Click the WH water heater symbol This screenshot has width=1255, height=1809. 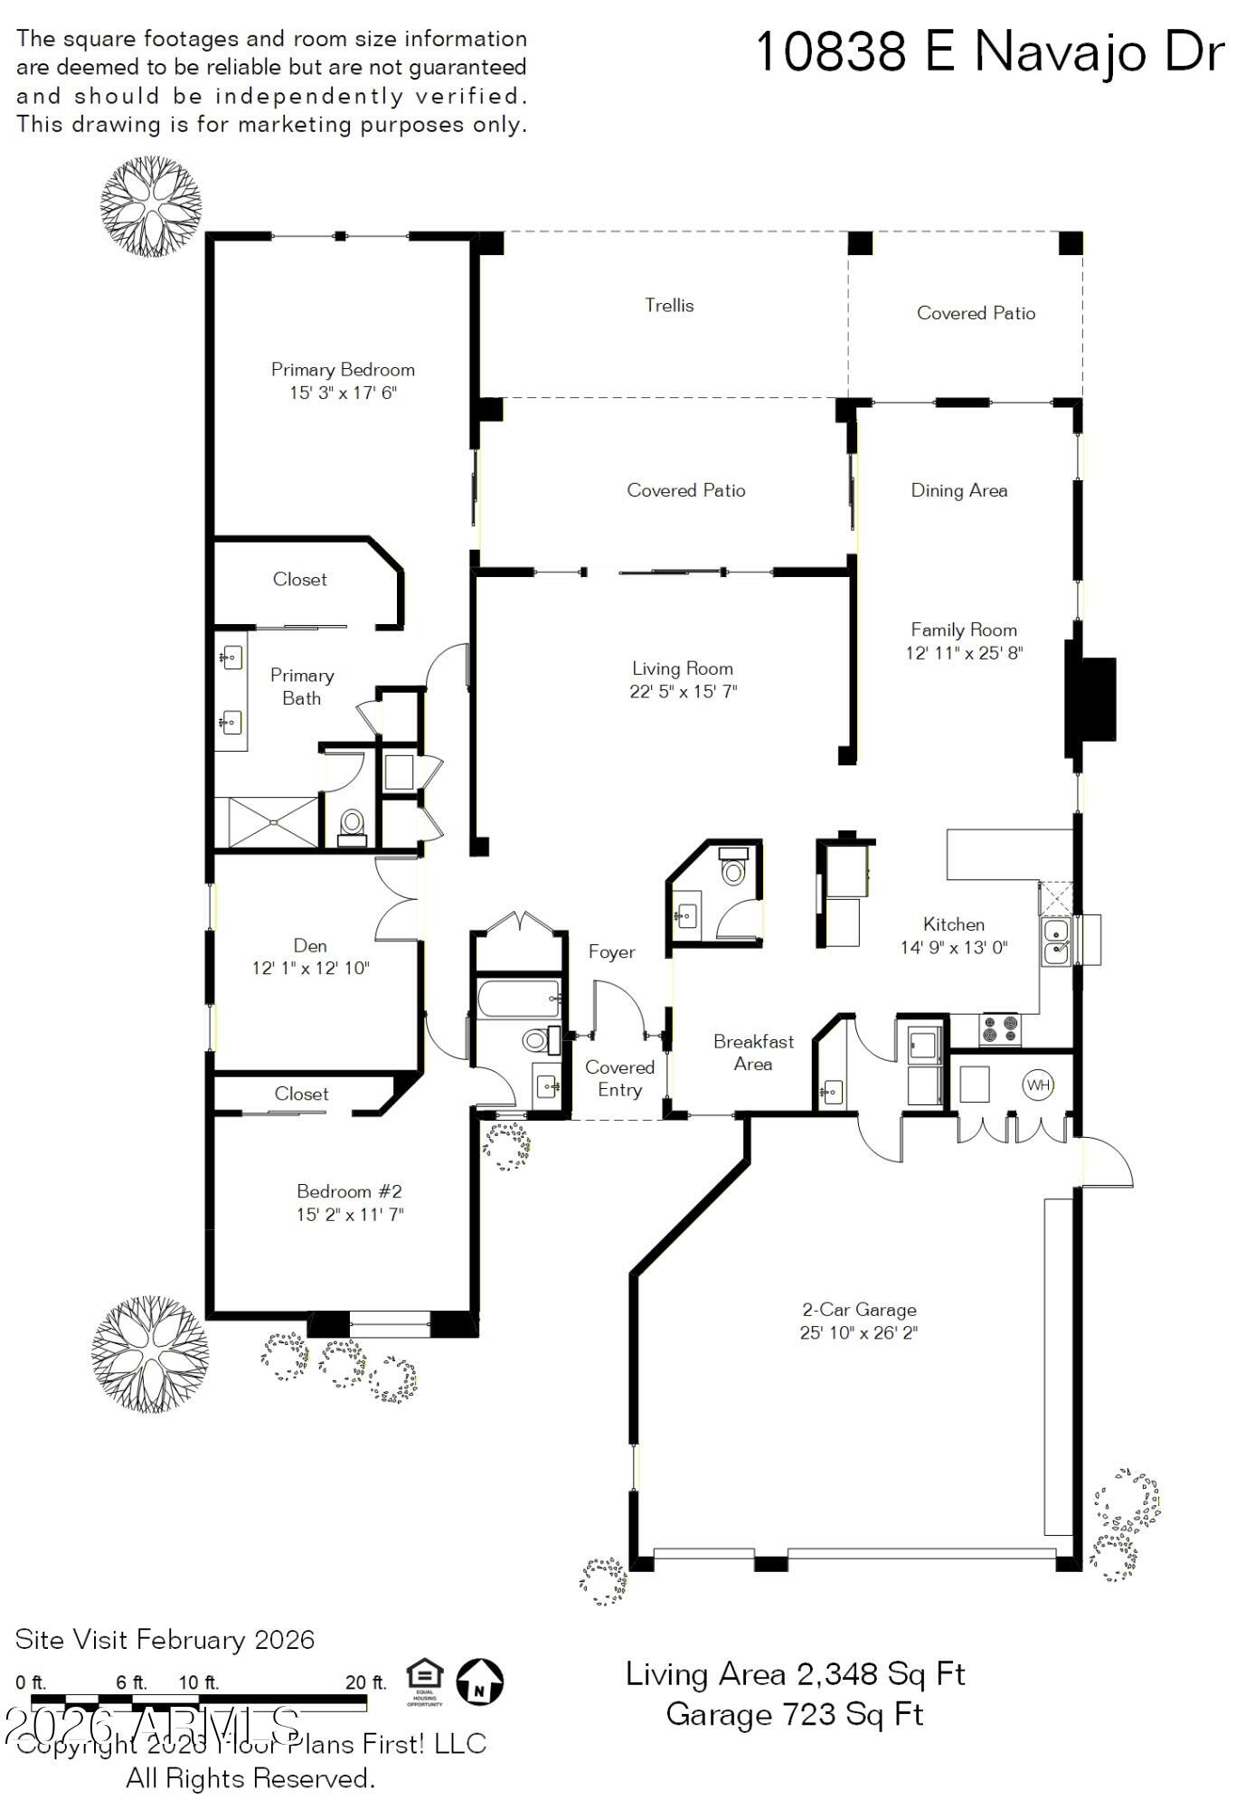(x=1038, y=1084)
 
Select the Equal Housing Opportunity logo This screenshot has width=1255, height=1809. (x=424, y=1681)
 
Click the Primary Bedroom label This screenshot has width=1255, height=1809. (x=343, y=370)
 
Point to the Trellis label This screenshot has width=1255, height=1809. (x=669, y=306)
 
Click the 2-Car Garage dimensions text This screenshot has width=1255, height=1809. (x=858, y=1332)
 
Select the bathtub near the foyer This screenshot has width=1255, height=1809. (x=518, y=998)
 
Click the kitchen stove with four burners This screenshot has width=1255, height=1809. (x=999, y=1029)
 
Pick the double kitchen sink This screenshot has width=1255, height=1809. (x=1055, y=941)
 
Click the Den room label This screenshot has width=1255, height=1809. (x=310, y=946)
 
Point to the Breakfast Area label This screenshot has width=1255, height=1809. (x=753, y=1053)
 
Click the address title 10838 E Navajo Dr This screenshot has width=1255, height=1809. (x=988, y=52)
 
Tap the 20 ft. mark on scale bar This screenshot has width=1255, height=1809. (x=365, y=1682)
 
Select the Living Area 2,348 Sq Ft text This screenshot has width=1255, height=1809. (x=795, y=1674)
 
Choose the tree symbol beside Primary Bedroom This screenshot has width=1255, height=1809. (x=151, y=206)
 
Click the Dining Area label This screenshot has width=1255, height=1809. (x=958, y=490)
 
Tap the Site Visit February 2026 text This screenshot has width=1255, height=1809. (x=165, y=1640)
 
